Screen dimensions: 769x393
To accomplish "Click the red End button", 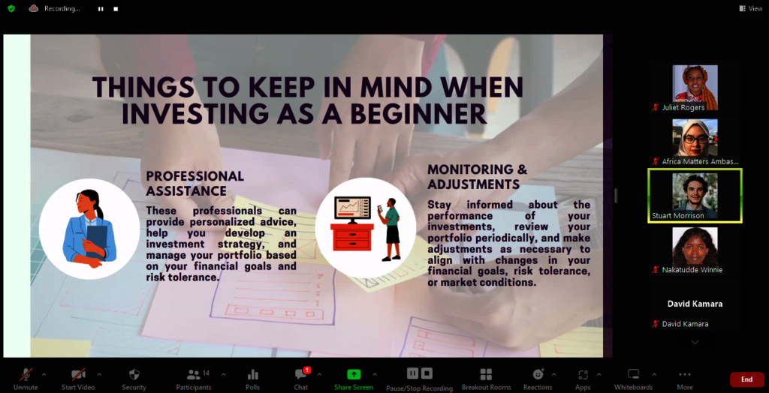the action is click(x=746, y=379).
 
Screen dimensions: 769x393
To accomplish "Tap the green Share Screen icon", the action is click(x=354, y=374).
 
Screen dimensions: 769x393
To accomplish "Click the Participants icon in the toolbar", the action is click(x=194, y=375).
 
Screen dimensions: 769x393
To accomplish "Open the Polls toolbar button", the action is click(x=252, y=375).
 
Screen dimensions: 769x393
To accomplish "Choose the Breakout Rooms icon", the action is click(x=486, y=375).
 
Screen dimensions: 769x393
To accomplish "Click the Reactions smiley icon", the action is click(x=538, y=374).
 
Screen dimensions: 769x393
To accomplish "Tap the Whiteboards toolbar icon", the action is click(x=634, y=375).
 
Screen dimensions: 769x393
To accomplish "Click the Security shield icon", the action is click(x=134, y=375).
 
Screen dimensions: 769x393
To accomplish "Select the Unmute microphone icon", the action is click(x=26, y=375).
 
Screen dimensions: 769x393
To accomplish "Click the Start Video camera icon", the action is click(x=78, y=375).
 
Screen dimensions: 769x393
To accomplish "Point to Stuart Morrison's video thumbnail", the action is click(x=695, y=196).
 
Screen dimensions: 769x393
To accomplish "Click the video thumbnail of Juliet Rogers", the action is click(x=695, y=88).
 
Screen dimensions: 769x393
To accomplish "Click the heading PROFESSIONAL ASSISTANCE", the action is click(x=195, y=183).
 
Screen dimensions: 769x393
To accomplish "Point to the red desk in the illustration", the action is click(x=351, y=237).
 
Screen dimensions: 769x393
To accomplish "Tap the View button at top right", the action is click(x=751, y=8).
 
